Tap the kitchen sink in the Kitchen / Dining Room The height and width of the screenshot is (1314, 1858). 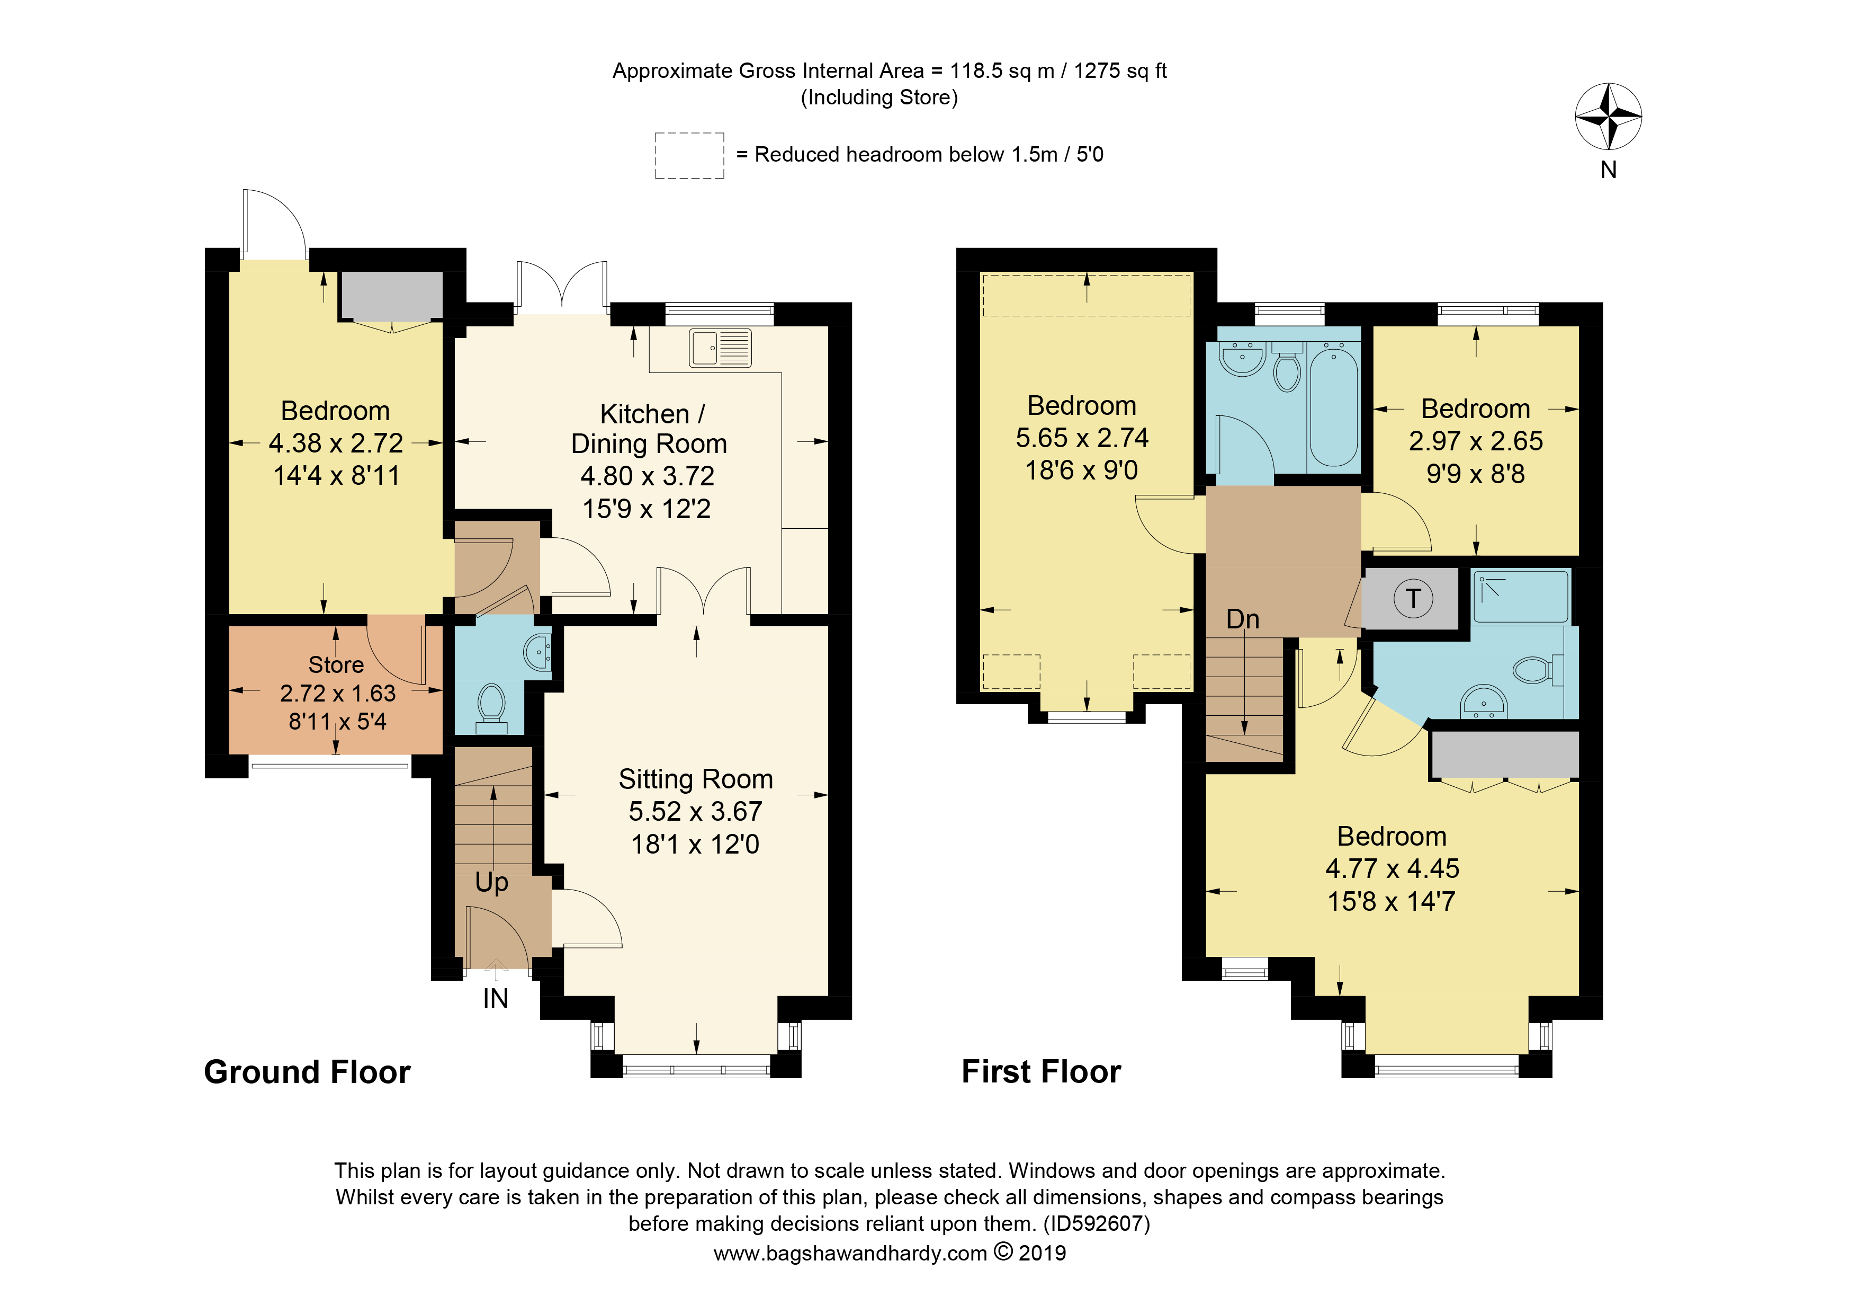tap(720, 348)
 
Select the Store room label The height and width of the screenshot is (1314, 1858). tap(336, 665)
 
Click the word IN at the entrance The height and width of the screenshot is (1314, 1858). tap(495, 998)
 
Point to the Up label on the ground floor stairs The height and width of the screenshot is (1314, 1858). tap(491, 883)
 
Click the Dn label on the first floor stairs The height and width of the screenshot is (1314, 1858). tap(1242, 619)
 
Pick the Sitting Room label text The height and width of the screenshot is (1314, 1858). tap(696, 779)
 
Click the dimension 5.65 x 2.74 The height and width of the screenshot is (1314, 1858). tap(1082, 438)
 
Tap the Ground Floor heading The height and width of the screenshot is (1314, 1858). tap(308, 1072)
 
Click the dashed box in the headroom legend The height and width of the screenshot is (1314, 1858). tap(689, 155)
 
